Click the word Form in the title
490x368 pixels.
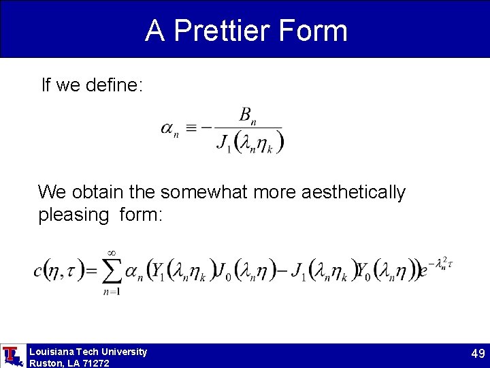pyautogui.click(x=318, y=31)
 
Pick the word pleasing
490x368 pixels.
pyautogui.click(x=73, y=215)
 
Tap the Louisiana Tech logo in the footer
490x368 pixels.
pyautogui.click(x=12, y=355)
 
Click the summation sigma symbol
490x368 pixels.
pyautogui.click(x=112, y=273)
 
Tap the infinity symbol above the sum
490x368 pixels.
pyautogui.click(x=112, y=254)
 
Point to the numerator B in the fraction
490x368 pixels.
pyautogui.click(x=245, y=114)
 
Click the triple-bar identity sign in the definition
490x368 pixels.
pyautogui.click(x=193, y=128)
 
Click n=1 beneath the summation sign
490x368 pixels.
pyautogui.click(x=111, y=292)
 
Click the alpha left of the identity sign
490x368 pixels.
pyautogui.click(x=167, y=128)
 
